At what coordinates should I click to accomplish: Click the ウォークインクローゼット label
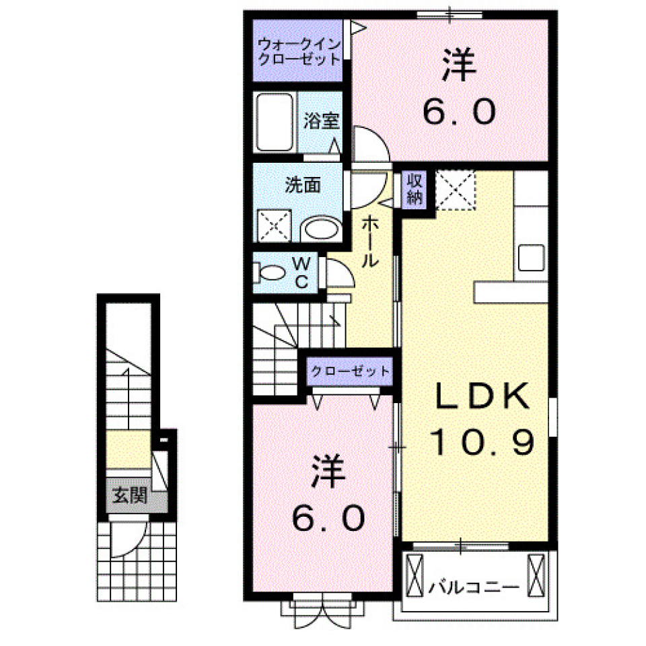[299, 52]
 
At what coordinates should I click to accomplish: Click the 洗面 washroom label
[302, 185]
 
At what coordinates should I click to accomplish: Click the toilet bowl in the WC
[273, 274]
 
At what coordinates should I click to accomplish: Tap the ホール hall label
[369, 242]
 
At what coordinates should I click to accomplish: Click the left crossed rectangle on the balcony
[415, 573]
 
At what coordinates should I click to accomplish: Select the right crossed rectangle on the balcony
[537, 573]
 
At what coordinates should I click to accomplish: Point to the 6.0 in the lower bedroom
[329, 518]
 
